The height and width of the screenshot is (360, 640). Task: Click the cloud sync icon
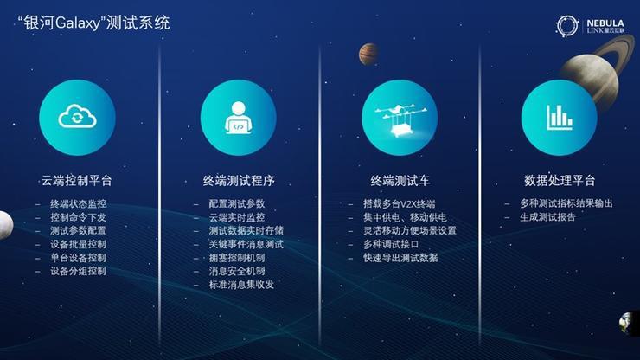coord(77,117)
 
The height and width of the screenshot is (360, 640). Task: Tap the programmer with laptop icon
coord(239,118)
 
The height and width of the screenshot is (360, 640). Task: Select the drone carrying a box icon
coord(400,119)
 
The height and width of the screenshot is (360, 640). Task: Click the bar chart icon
coord(560,118)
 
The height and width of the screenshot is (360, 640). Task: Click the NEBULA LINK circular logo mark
coord(567,25)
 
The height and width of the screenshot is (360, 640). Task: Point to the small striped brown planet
coord(368,54)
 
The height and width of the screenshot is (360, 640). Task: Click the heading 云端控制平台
coord(76,181)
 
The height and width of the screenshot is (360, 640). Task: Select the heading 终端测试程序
coord(239,181)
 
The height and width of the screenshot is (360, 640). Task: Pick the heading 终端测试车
coord(400,181)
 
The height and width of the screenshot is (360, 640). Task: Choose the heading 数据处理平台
coord(560,180)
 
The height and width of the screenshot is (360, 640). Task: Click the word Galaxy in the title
coord(77,23)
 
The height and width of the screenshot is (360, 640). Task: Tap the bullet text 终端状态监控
coord(78,203)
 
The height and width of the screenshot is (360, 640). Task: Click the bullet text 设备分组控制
coord(78,271)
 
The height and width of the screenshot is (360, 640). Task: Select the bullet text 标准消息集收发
coord(241,285)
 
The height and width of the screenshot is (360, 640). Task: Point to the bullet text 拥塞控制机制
coord(237,257)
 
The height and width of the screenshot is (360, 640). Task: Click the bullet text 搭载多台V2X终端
coord(400,203)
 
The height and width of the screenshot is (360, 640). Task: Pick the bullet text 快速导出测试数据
coord(400,257)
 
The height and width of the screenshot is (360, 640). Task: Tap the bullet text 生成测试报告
coord(547,217)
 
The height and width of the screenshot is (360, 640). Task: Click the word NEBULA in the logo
coord(605,22)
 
